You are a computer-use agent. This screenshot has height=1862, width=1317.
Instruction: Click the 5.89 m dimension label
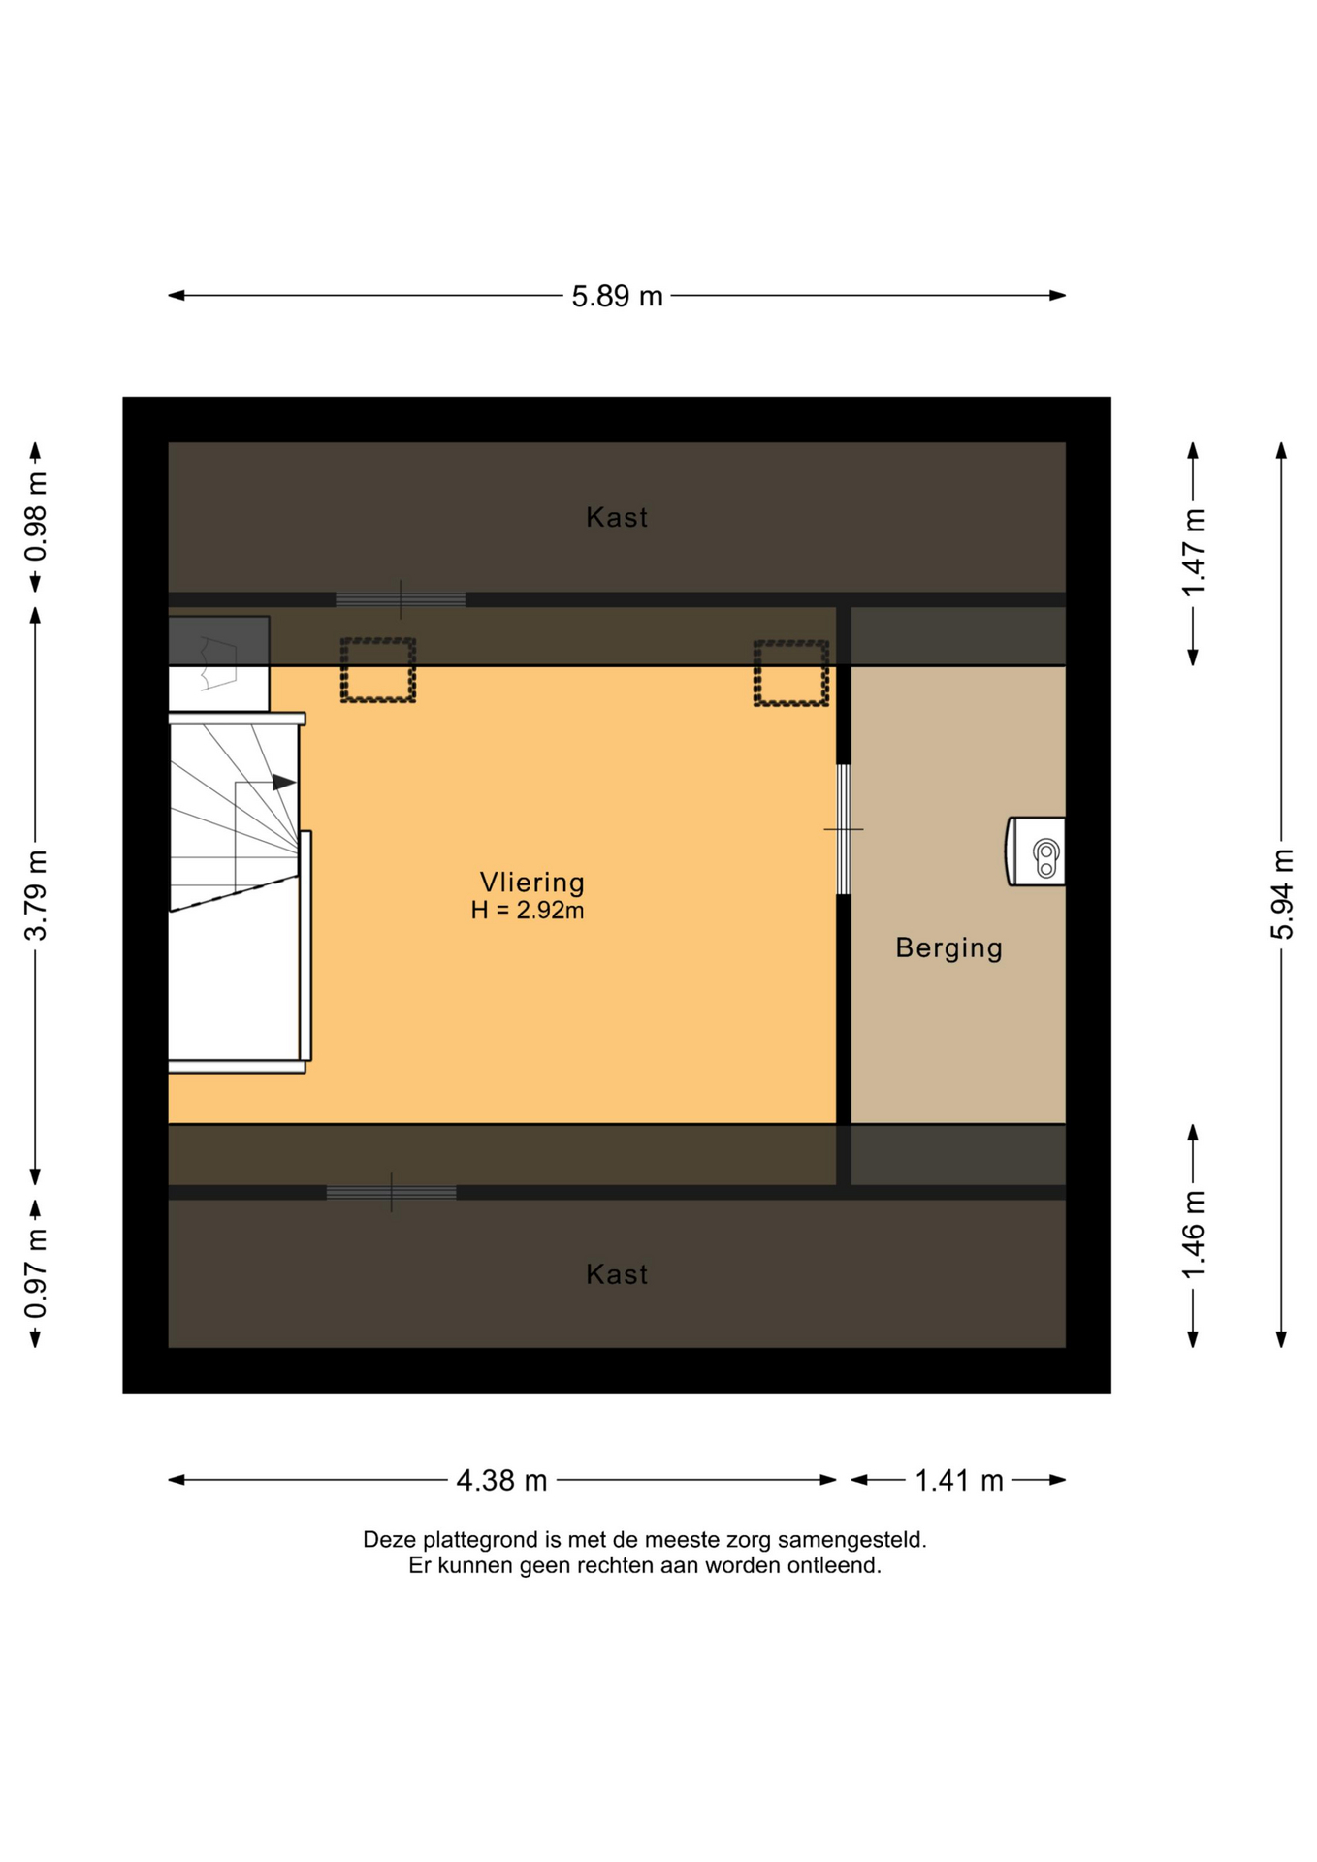617,296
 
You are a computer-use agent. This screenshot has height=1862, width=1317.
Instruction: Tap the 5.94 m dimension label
1282,893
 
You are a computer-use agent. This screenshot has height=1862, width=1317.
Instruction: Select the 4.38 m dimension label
501,1481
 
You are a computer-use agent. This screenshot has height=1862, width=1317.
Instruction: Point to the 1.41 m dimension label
959,1481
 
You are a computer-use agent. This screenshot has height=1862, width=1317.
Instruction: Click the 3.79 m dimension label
36,895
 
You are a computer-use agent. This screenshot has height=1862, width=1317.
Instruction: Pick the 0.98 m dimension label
36,517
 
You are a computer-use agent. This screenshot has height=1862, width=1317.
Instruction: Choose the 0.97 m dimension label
36,1273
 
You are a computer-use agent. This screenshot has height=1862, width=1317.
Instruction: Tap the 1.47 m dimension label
1194,553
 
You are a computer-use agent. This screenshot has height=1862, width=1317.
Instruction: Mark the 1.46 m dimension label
1194,1235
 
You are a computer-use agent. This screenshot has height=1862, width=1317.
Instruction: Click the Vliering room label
532,883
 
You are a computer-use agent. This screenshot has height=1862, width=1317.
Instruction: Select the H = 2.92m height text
528,911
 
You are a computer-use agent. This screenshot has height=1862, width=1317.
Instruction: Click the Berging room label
948,948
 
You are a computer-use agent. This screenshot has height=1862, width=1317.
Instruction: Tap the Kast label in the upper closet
617,518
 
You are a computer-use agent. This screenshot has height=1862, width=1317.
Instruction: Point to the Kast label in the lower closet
617,1274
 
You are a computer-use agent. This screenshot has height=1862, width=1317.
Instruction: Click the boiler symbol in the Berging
1037,851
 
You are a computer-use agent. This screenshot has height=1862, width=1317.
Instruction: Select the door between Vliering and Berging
844,829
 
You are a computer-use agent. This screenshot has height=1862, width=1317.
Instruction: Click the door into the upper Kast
401,599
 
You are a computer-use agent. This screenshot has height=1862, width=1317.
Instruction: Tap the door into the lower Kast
391,1193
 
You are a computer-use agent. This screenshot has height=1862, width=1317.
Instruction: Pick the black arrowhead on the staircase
284,783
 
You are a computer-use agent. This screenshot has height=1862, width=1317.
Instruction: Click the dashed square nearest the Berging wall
791,673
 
